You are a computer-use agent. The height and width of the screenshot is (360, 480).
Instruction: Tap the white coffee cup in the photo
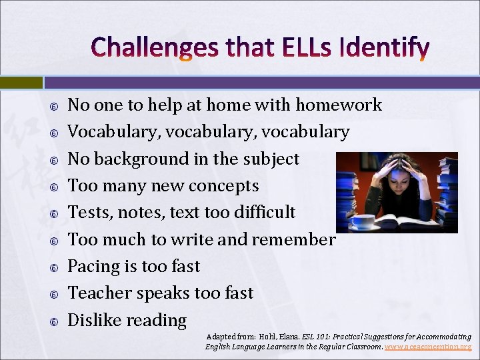point(363,221)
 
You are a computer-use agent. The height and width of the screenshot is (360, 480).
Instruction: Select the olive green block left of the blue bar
point(21,83)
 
